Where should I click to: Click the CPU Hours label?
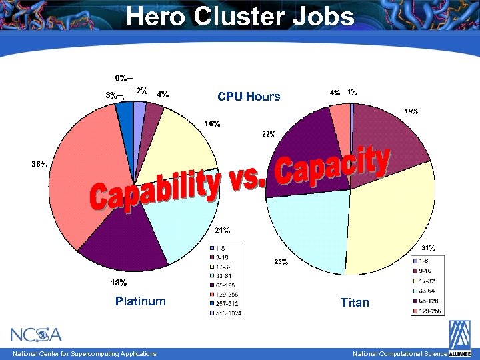(249, 97)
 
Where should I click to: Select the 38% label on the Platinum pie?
(39, 164)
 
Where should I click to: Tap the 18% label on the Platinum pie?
(119, 283)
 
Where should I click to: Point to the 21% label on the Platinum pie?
(222, 231)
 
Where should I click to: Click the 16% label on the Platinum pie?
(212, 124)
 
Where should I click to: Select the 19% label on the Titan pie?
(411, 111)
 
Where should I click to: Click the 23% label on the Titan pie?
(281, 262)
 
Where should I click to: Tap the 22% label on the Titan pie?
(269, 134)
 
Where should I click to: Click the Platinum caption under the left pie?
(140, 301)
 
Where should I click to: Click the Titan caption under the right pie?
(355, 303)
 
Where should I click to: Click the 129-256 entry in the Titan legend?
(427, 311)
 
